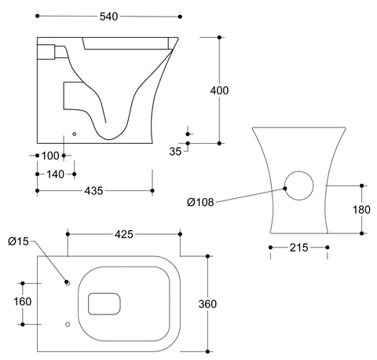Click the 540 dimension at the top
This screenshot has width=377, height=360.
coord(109,16)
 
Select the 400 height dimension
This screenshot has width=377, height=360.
coord(219,91)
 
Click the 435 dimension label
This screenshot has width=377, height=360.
coord(93,190)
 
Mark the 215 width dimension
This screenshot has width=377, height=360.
coord(298,248)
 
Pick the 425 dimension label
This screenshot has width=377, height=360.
coord(124,234)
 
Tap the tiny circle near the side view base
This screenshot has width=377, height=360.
coord(74,134)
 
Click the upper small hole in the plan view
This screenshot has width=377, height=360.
coord(68,283)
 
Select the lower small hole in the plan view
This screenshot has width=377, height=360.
coord(68,323)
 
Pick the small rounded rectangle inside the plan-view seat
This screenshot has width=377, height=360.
coord(104,303)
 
